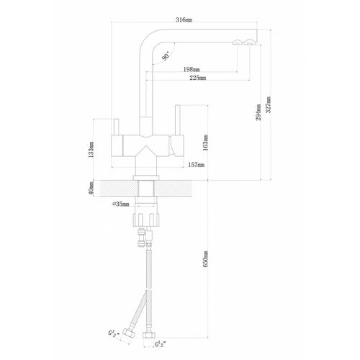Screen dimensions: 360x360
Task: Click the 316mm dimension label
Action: click(x=184, y=20)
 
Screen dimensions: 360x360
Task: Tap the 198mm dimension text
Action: click(x=192, y=70)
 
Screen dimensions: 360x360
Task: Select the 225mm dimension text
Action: click(x=198, y=78)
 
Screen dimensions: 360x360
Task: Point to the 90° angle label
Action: click(x=166, y=56)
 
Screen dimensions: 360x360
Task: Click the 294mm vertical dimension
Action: click(x=258, y=112)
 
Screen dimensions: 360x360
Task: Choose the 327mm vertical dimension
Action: click(x=269, y=104)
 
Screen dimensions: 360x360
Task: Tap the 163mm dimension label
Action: click(x=205, y=143)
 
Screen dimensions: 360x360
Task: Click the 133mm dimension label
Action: click(x=91, y=149)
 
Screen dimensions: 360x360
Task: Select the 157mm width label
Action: click(x=197, y=165)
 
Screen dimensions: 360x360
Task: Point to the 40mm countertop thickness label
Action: click(x=91, y=189)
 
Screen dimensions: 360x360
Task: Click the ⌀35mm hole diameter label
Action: click(x=121, y=204)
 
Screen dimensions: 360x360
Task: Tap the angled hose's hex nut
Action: click(x=129, y=334)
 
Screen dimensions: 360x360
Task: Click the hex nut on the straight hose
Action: click(x=149, y=335)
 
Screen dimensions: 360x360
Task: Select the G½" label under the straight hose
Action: click(x=161, y=345)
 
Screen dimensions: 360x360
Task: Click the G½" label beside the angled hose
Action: click(x=112, y=334)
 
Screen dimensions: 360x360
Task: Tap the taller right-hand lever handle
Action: click(x=178, y=120)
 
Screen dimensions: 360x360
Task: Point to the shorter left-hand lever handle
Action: click(x=117, y=127)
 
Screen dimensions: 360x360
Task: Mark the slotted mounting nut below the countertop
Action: click(x=146, y=220)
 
